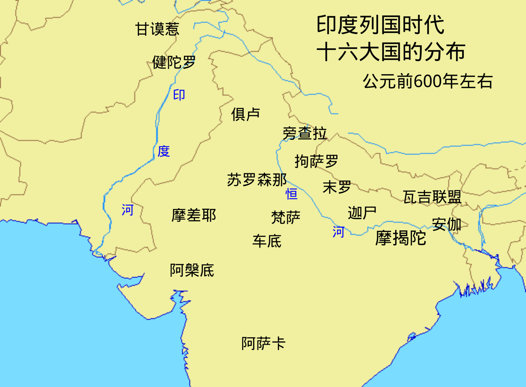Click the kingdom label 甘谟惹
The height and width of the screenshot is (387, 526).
tap(157, 29)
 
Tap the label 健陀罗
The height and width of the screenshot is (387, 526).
tap(174, 62)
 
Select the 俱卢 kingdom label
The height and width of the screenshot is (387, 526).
tap(245, 114)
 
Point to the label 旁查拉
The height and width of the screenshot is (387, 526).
tap(304, 133)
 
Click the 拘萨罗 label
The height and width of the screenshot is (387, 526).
tap(316, 161)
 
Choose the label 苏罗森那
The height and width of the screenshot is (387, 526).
tap(257, 180)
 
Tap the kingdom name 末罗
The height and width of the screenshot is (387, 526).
tap(337, 187)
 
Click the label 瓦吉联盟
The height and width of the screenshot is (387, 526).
tap(432, 197)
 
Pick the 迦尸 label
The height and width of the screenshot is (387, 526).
tap(362, 213)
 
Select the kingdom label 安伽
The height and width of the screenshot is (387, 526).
tap(447, 224)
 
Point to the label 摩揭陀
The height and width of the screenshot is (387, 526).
tap(400, 238)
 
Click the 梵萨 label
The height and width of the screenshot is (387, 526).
tap(286, 217)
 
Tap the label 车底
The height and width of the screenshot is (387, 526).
tap(267, 241)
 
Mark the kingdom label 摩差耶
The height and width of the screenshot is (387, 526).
tap(193, 215)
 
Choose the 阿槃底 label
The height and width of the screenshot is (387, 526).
tap(192, 270)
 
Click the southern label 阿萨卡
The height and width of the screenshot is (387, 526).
tap(263, 343)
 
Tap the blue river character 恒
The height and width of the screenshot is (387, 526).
tap(291, 194)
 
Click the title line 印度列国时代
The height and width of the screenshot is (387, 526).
tap(380, 25)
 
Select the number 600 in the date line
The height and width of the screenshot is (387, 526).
tap(428, 81)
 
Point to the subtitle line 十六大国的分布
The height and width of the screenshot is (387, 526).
tap(391, 52)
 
